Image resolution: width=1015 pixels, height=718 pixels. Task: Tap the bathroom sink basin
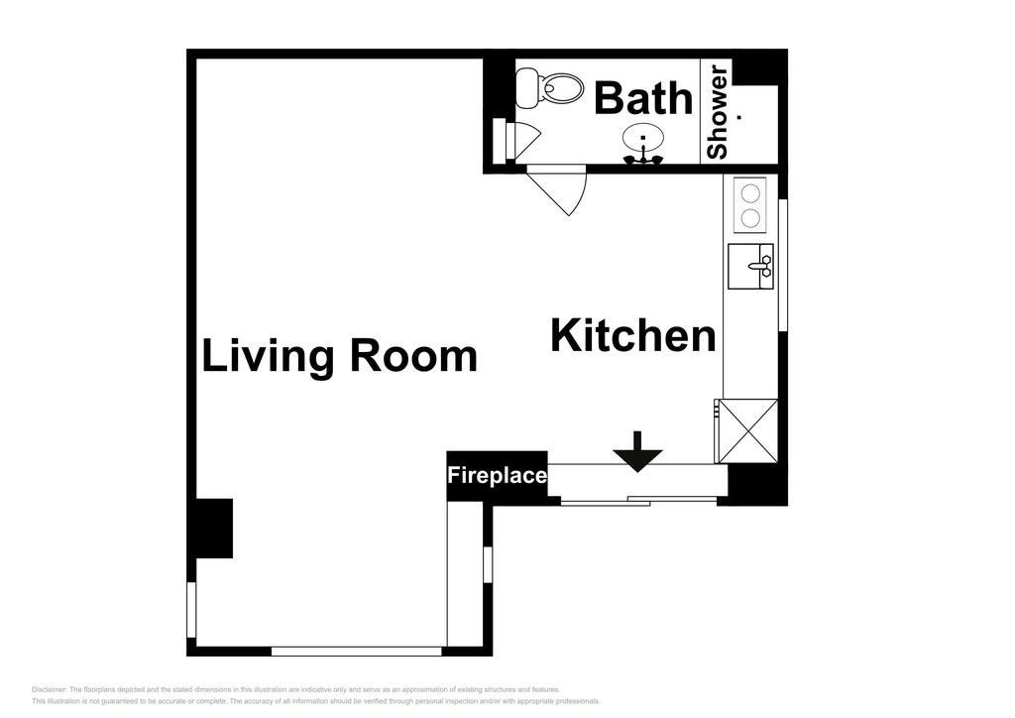(643, 138)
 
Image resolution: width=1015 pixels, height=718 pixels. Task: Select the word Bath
(643, 98)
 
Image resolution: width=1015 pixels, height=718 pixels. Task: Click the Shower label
(717, 110)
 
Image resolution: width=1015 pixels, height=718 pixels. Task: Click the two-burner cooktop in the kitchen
(750, 204)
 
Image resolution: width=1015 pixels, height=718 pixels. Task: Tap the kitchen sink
(751, 266)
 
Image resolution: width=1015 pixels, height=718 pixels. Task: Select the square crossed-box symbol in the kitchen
(747, 430)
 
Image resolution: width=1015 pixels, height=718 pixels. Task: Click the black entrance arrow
(636, 452)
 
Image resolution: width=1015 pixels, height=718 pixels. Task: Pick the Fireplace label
(497, 476)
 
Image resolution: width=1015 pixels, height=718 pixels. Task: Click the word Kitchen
(632, 336)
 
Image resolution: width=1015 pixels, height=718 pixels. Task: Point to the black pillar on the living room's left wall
(213, 528)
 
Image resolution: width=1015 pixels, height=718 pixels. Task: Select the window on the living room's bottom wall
(356, 651)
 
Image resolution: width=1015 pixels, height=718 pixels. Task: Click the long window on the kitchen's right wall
(782, 265)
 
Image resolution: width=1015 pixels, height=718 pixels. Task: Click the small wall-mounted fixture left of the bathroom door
(501, 140)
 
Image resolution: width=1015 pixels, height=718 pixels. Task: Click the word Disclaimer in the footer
(49, 689)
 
